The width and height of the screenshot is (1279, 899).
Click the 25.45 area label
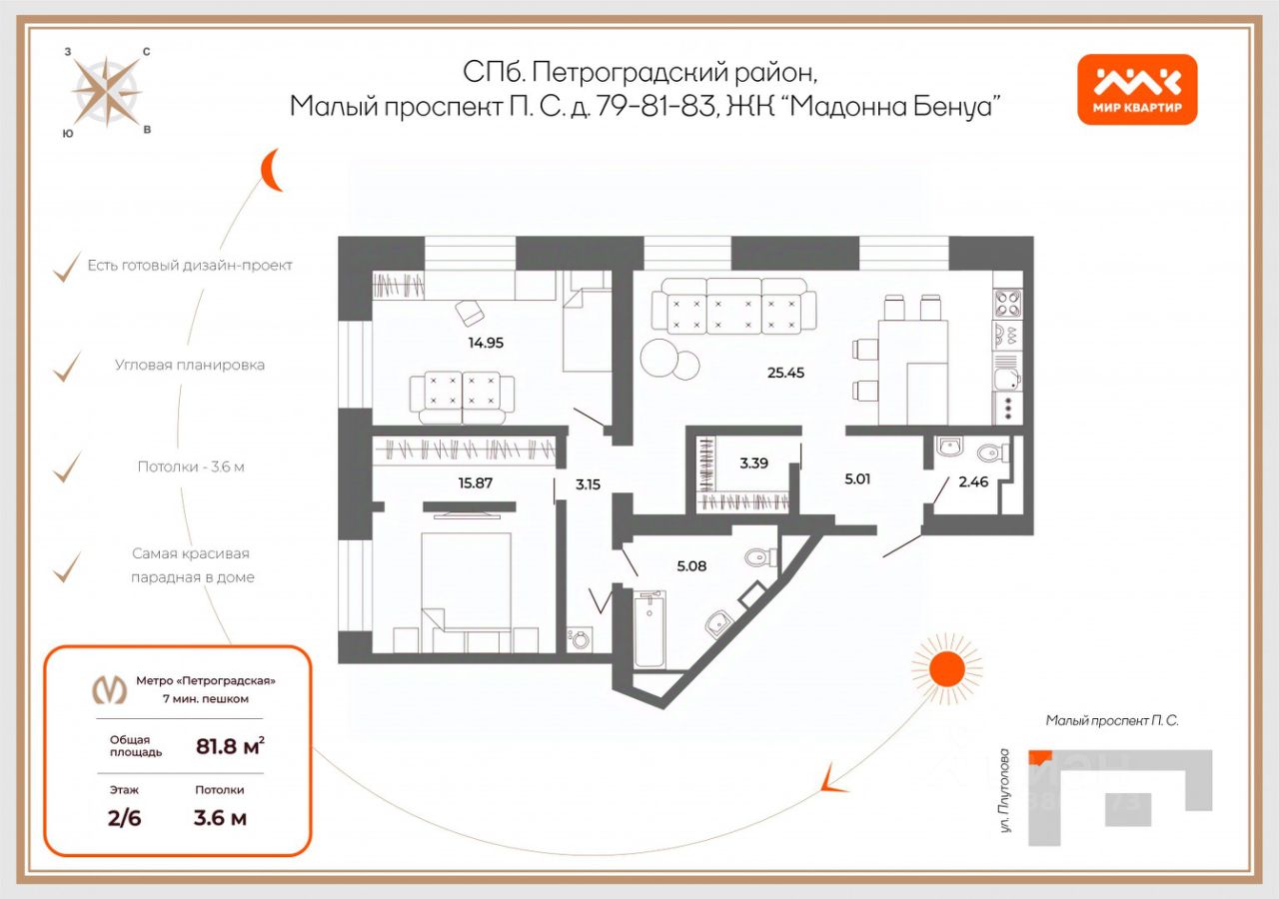pos(785,373)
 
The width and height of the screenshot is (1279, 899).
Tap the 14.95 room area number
pos(486,343)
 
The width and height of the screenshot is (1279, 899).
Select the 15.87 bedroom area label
pos(475,482)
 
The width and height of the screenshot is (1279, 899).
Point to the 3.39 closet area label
pos(753,462)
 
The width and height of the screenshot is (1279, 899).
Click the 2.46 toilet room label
pos(973,481)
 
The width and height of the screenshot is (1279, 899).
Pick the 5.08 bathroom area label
pos(691,566)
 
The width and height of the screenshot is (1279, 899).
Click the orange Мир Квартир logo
pos(1137,90)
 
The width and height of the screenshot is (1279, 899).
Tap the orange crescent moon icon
pos(271,170)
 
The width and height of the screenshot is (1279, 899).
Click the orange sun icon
pos(946,668)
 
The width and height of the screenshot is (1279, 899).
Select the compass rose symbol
pos(106,92)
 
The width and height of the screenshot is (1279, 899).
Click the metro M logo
pos(110,689)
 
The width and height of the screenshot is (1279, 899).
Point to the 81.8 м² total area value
pos(230,746)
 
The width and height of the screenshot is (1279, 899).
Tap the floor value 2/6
pos(125,818)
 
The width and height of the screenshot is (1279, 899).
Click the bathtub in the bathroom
pos(649,629)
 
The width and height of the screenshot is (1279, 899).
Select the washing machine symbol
pos(581,639)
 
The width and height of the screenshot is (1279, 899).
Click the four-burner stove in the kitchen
pos(1007,303)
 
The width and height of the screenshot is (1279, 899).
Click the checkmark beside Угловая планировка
pos(67,367)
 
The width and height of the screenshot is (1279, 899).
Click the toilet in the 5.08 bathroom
pos(761,557)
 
